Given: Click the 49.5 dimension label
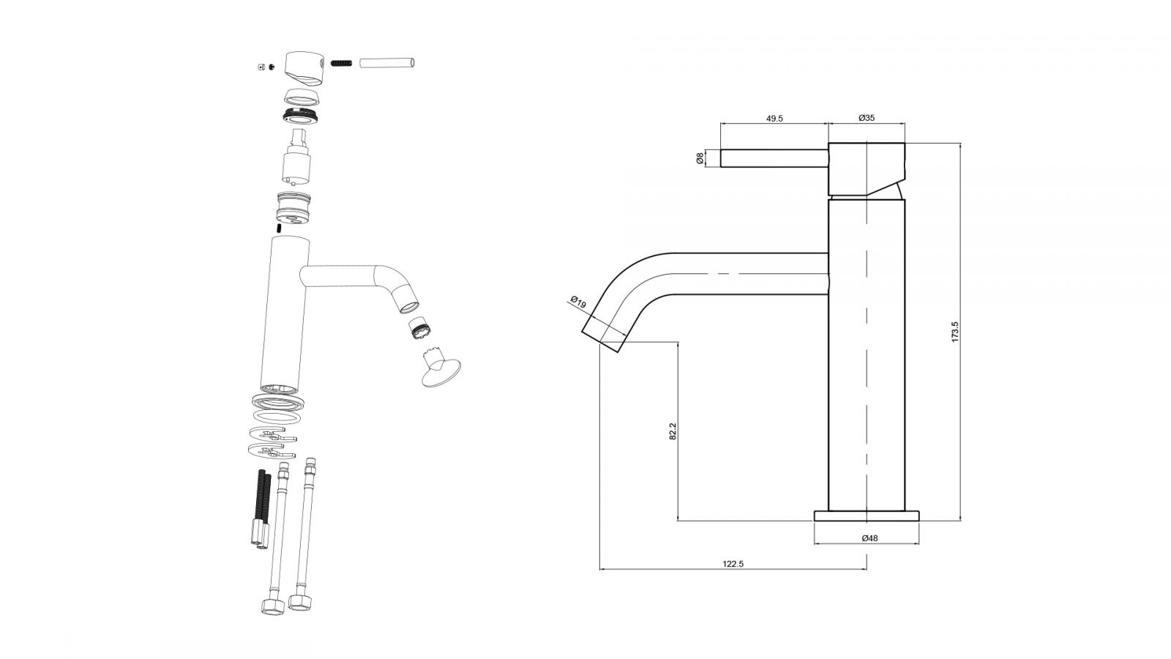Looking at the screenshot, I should (774, 118).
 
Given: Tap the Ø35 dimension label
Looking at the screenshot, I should (867, 118).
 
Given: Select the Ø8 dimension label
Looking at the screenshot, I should (700, 157).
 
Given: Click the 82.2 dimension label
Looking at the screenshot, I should (672, 431).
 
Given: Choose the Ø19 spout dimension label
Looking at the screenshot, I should (578, 302).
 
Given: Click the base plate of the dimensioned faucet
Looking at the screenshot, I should (867, 515).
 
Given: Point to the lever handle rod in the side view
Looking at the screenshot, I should (774, 158).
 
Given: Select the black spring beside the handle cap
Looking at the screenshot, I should (342, 63).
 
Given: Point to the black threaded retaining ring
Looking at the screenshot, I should (300, 115).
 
